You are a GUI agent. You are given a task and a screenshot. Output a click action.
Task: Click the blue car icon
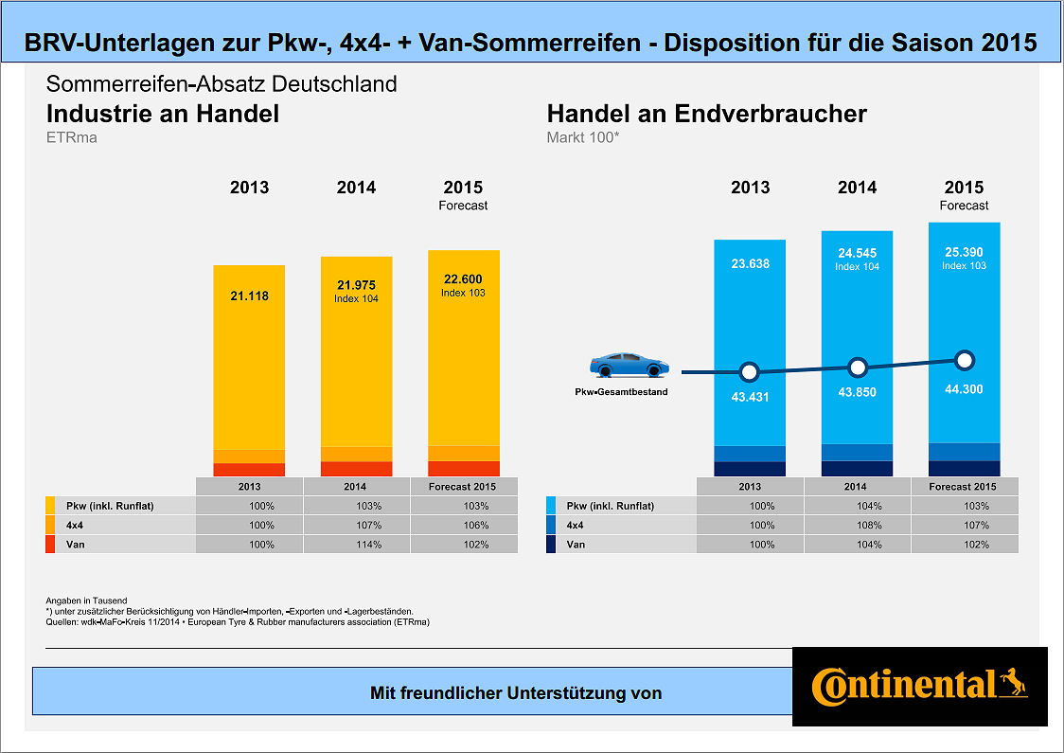coord(629,365)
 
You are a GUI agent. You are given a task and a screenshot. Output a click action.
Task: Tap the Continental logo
coord(919,686)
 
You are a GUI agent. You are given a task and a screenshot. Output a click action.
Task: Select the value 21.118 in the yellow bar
coord(249,296)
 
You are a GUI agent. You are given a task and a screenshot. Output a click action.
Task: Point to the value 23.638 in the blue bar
coord(750,264)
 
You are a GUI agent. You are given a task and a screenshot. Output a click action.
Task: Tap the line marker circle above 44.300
coord(964,360)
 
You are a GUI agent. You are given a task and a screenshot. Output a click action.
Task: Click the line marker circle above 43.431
coord(750,371)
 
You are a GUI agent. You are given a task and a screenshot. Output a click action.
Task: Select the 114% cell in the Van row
coord(355,545)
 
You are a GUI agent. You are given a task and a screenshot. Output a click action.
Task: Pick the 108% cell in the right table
coord(857,525)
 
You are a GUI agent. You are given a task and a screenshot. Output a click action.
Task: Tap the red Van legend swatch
coord(50,545)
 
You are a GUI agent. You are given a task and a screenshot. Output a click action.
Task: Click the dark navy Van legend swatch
coord(552,545)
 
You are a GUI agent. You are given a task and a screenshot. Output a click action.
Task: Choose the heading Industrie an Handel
coord(163,115)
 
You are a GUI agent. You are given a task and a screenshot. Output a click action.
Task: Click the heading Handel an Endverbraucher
coord(706,115)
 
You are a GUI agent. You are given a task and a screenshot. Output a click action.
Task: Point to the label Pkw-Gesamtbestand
coord(621,391)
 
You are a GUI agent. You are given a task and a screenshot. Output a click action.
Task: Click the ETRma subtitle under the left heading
coord(72,138)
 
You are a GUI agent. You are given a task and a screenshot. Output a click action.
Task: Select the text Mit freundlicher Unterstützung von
coord(515,693)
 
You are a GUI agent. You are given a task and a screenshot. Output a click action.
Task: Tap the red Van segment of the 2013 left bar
coord(249,469)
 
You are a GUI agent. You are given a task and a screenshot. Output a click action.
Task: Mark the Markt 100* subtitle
coord(582,138)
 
